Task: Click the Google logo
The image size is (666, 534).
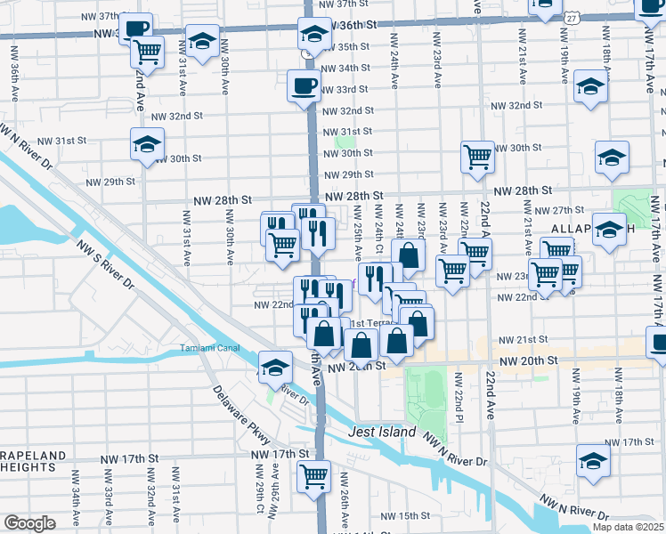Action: pyautogui.click(x=29, y=523)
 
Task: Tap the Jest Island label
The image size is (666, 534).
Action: pyautogui.click(x=381, y=433)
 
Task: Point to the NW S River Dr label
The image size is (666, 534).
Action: pyautogui.click(x=105, y=264)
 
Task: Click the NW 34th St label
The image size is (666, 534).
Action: pyautogui.click(x=345, y=69)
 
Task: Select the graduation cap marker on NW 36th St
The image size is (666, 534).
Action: pyautogui.click(x=313, y=34)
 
